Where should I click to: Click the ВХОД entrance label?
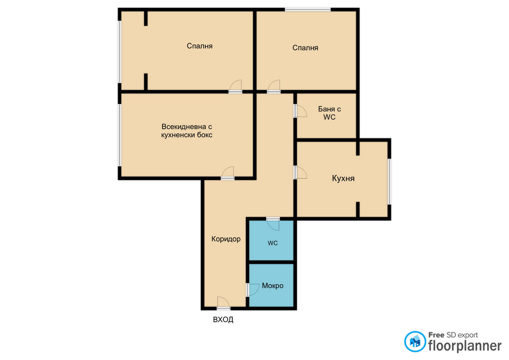click(223, 319)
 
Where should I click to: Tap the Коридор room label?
click(226, 239)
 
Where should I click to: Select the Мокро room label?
click(273, 286)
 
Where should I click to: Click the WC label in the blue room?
click(273, 243)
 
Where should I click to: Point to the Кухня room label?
click(343, 178)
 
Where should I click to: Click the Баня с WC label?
click(329, 113)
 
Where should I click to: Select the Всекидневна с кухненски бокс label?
click(187, 130)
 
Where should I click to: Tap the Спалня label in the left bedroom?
click(200, 46)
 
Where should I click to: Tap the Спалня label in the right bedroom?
click(305, 48)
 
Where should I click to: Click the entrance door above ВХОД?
click(223, 303)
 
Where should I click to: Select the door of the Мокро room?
click(252, 289)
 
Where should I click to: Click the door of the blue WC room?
click(273, 224)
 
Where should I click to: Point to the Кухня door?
click(300, 172)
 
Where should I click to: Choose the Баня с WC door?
click(300, 111)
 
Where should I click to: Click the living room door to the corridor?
click(227, 173)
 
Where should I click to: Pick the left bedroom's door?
click(235, 86)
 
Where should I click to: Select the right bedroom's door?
click(274, 86)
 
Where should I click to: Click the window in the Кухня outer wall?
click(390, 181)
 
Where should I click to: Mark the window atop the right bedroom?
click(308, 10)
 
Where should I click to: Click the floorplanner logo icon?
click(415, 341)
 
